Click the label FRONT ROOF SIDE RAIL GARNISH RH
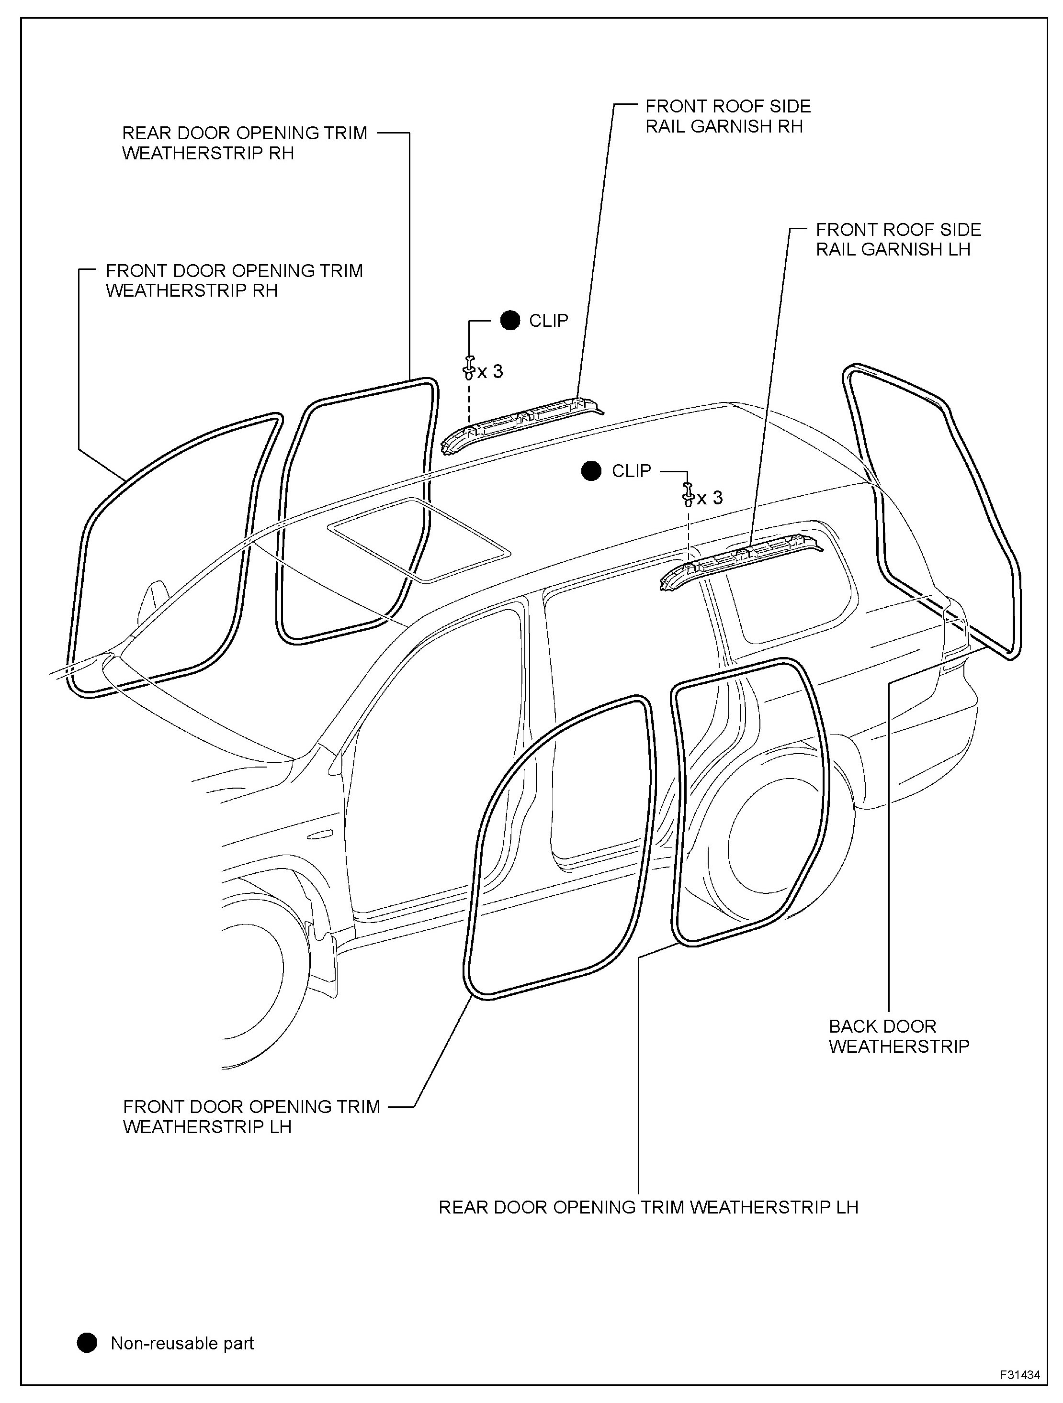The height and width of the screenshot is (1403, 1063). [x=727, y=116]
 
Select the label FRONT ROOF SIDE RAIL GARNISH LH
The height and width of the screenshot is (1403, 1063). [x=898, y=239]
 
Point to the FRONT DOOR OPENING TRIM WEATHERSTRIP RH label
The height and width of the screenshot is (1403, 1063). [x=234, y=280]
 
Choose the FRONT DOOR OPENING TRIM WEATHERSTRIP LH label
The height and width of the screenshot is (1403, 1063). [x=251, y=1116]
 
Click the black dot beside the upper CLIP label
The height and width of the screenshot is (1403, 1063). [x=509, y=320]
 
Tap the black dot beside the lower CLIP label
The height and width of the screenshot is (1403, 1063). [x=591, y=471]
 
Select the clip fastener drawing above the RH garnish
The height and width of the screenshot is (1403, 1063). [x=468, y=367]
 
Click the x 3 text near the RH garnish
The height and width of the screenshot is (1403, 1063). [x=491, y=372]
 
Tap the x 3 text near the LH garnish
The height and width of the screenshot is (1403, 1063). [x=710, y=498]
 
